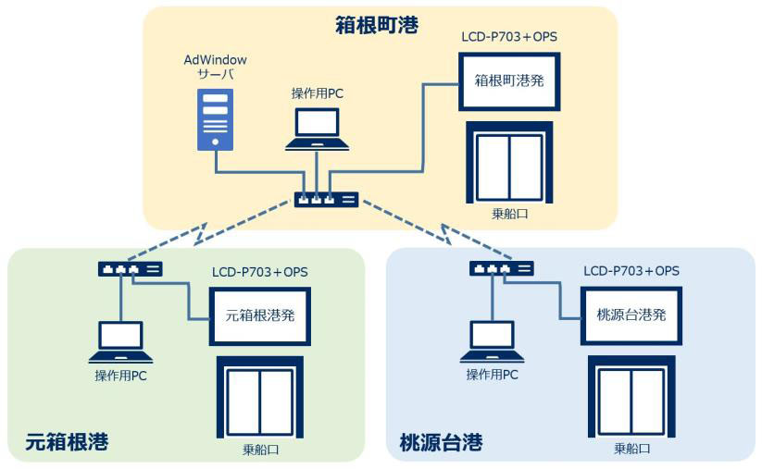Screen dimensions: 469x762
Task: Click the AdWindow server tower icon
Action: pyautogui.click(x=214, y=119)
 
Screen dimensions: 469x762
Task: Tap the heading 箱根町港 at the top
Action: pyautogui.click(x=376, y=26)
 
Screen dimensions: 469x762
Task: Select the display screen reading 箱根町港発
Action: pyautogui.click(x=508, y=80)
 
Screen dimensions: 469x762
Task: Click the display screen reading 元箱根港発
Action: pyautogui.click(x=260, y=315)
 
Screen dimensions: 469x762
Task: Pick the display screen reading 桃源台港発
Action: pyautogui.click(x=632, y=315)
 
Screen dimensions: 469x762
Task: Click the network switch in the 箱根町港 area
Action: pyautogui.click(x=326, y=200)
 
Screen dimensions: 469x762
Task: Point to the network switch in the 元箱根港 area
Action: pyautogui.click(x=130, y=269)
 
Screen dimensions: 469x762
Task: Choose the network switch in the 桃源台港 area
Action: pyautogui.click(x=501, y=269)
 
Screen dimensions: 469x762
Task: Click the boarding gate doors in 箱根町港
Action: pyautogui.click(x=508, y=163)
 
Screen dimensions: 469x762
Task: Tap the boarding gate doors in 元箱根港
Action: pyautogui.click(x=260, y=399)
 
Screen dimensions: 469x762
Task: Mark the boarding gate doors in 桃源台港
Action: pyautogui.click(x=632, y=399)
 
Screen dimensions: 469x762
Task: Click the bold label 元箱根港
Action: pyautogui.click(x=68, y=442)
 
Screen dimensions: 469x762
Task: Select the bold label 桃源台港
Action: pyautogui.click(x=441, y=442)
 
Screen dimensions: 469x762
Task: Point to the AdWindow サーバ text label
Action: pyautogui.click(x=215, y=68)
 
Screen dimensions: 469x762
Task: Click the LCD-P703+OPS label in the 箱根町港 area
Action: pyautogui.click(x=508, y=37)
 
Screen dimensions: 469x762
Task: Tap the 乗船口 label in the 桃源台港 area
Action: pyautogui.click(x=632, y=449)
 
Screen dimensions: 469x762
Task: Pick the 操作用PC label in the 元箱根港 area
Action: pyautogui.click(x=120, y=376)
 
